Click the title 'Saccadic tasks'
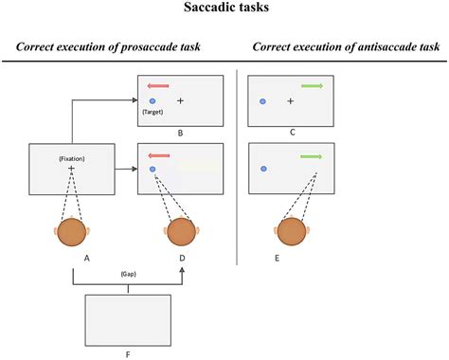[x=224, y=12]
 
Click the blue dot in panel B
[x=153, y=99]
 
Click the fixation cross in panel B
[x=180, y=99]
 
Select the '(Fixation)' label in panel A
[x=72, y=158]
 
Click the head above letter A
[x=72, y=232]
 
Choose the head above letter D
[x=181, y=232]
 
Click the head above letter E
[x=291, y=232]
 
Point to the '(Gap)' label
[x=127, y=271]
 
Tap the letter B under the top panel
[x=180, y=135]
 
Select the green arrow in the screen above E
[x=313, y=155]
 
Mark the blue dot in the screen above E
[x=262, y=169]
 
